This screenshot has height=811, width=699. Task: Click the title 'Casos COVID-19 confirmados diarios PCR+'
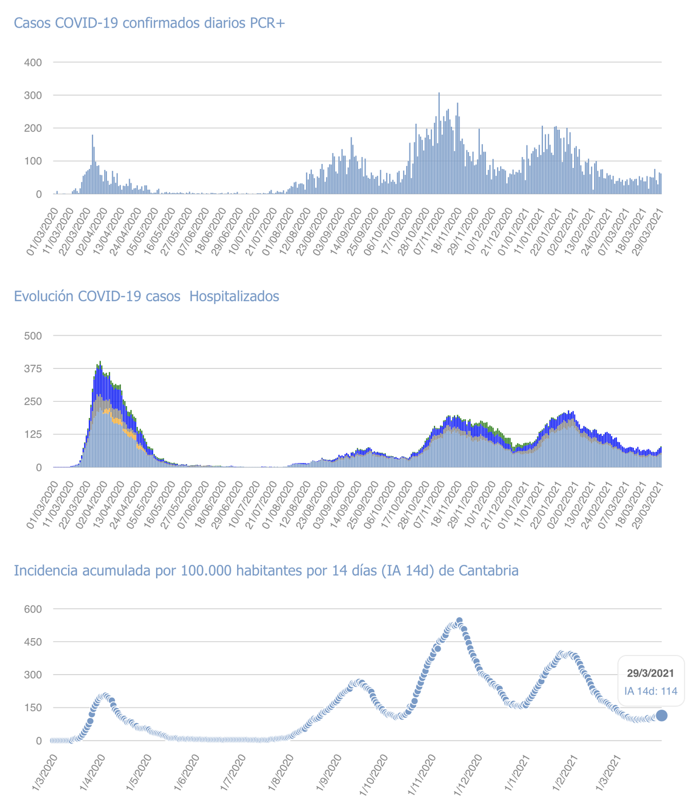[x=149, y=23]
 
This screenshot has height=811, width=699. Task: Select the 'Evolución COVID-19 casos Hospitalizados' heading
[x=146, y=296]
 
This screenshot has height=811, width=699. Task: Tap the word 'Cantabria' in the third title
[x=488, y=571]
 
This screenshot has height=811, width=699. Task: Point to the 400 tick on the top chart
[x=33, y=63]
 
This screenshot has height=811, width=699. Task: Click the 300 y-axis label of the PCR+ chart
[x=33, y=95]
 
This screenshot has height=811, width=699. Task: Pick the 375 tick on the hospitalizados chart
[x=33, y=368]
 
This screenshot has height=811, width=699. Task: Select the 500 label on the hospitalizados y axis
[x=33, y=336]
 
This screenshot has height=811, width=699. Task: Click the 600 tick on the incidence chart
[x=33, y=609]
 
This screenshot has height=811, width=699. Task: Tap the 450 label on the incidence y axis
[x=33, y=642]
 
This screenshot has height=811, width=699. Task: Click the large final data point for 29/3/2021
[x=662, y=715]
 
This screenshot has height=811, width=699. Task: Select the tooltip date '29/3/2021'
[x=651, y=673]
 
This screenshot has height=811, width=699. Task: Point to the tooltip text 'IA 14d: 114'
[x=651, y=691]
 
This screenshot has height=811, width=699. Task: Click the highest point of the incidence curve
[x=459, y=621]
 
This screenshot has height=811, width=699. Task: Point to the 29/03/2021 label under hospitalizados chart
[x=647, y=505]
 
